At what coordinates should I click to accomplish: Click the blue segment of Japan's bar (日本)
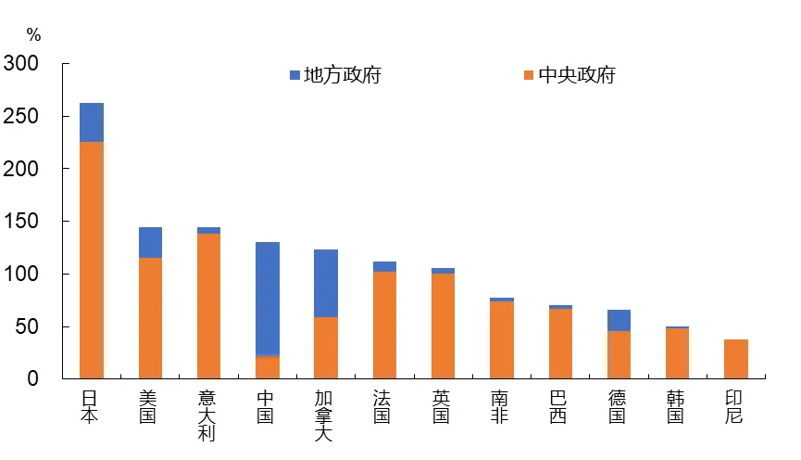click(x=92, y=122)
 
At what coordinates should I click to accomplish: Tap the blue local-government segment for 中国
click(x=268, y=299)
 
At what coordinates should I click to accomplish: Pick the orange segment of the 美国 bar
click(x=150, y=317)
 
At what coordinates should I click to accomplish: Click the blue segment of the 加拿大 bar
click(x=326, y=283)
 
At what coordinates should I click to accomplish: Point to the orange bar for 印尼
click(x=736, y=359)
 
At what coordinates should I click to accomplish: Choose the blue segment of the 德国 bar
click(x=619, y=320)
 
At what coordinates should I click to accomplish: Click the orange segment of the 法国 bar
click(x=384, y=325)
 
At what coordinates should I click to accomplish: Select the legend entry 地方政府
click(x=335, y=75)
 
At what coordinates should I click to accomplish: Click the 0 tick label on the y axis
click(x=32, y=378)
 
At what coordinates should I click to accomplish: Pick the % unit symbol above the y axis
click(x=33, y=35)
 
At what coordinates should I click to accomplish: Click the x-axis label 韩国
click(x=677, y=406)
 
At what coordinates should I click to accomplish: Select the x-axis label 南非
click(x=501, y=406)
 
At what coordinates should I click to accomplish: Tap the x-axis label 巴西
click(x=559, y=406)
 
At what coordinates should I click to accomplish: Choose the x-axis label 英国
click(x=443, y=406)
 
